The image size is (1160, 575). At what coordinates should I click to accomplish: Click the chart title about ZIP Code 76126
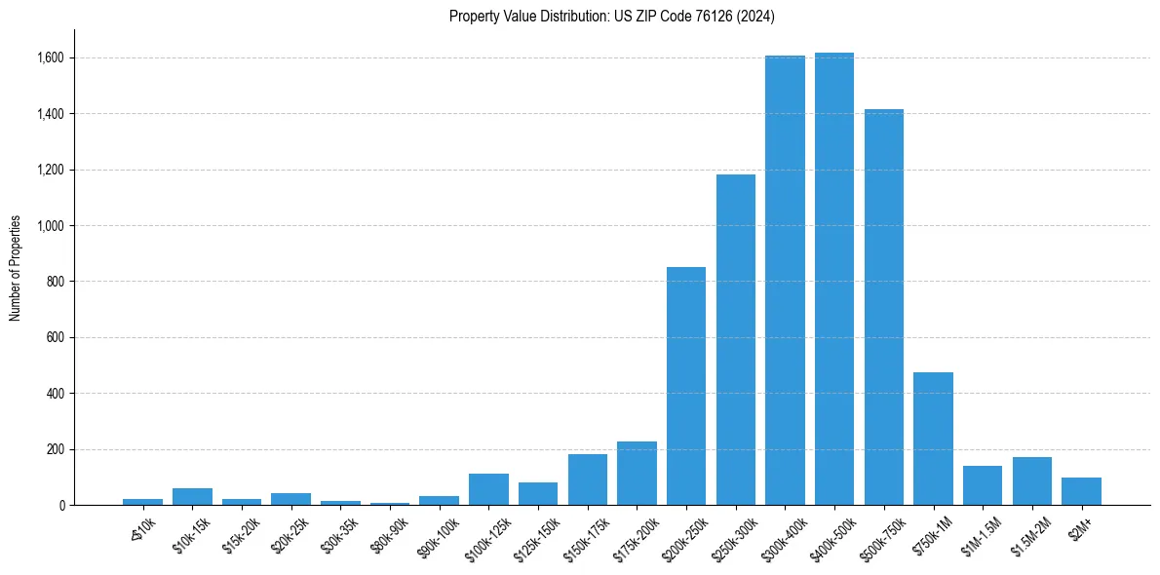pos(611,16)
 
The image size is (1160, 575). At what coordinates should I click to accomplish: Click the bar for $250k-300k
pos(736,340)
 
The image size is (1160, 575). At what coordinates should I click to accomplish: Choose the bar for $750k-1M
pos(933,439)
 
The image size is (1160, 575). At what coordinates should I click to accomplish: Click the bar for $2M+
pos(1081,491)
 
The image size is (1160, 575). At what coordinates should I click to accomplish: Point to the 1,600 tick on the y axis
pos(50,57)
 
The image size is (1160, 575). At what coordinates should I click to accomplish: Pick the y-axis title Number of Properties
pos(16,268)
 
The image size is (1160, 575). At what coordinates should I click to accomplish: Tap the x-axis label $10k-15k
pos(191,532)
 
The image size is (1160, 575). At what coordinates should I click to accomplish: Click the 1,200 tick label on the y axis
pos(50,170)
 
